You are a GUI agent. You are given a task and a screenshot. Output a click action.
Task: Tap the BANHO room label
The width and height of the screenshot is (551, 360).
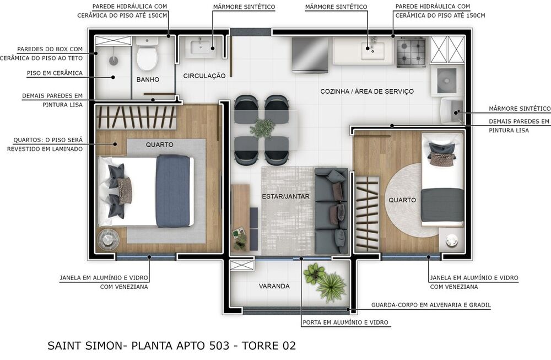148,80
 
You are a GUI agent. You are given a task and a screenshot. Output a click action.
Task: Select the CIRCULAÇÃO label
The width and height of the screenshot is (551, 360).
204,76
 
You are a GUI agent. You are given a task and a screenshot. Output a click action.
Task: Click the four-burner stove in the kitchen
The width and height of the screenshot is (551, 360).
411,52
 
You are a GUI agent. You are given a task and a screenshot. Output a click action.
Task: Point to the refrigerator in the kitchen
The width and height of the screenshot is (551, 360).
310,55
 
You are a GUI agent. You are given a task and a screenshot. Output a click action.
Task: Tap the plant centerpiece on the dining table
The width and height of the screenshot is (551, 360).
262,128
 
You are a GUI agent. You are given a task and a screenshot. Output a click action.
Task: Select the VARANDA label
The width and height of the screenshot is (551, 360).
274,286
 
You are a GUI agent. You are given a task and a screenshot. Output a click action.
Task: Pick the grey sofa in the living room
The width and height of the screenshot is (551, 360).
332,211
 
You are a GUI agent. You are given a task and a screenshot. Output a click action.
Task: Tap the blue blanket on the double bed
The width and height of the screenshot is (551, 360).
173,191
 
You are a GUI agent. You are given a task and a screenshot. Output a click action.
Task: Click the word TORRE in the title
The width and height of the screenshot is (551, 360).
263,346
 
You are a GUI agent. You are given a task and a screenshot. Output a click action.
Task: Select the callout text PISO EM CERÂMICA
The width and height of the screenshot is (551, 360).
55,73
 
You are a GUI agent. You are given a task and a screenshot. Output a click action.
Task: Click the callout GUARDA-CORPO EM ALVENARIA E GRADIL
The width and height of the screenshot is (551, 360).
431,305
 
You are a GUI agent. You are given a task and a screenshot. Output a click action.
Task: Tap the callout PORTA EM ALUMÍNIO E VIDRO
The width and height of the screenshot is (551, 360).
345,323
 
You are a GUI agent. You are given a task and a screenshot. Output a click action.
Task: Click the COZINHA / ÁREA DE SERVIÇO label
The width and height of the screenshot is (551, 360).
367,91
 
